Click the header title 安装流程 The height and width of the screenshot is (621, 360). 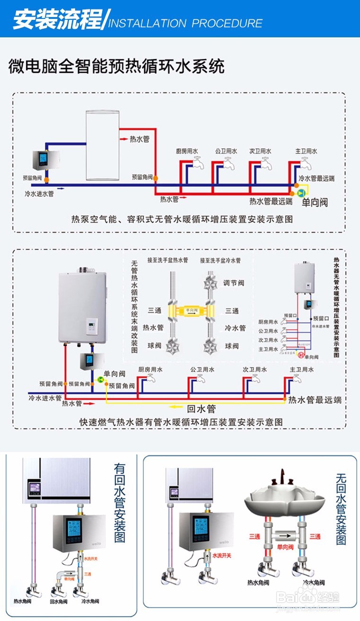click(57, 20)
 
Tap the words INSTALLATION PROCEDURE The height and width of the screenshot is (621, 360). click(185, 23)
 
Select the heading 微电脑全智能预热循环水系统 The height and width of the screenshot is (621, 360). click(116, 67)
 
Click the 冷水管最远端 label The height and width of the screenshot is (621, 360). click(316, 178)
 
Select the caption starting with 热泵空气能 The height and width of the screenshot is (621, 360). click(182, 219)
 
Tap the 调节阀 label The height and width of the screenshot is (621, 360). click(234, 283)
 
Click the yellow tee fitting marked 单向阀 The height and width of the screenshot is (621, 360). click(191, 311)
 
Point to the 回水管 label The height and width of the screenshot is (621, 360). click(201, 408)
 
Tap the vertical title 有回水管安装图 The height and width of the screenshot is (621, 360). click(119, 502)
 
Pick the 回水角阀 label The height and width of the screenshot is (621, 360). click(58, 602)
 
